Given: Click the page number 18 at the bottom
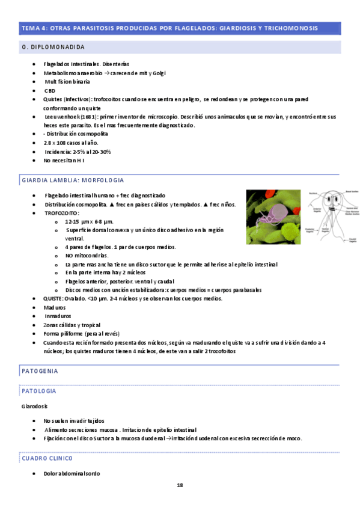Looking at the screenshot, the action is [x=180, y=485].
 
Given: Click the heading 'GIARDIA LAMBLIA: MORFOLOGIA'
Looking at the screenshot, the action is [x=73, y=180].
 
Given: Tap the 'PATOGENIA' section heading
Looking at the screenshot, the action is [x=40, y=370].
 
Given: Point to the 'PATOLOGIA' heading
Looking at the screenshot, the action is [x=39, y=391].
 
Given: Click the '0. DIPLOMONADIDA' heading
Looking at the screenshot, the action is [x=53, y=47].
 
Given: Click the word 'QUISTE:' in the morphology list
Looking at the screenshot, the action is [x=54, y=299].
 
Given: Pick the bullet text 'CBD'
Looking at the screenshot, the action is [x=50, y=90].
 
